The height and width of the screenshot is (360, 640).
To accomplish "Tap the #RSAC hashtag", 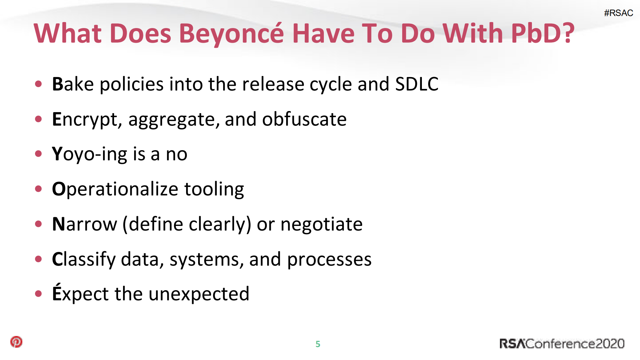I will (x=618, y=13).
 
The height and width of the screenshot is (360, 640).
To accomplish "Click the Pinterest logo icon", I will (x=16, y=342).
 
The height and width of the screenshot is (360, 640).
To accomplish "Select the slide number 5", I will (x=318, y=344).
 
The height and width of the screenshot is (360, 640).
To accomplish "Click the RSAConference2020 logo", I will (x=562, y=344).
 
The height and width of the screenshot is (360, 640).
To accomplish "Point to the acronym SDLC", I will (x=417, y=84).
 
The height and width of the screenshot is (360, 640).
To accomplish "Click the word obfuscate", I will (x=304, y=119).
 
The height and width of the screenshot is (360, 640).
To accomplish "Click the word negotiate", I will (x=322, y=224).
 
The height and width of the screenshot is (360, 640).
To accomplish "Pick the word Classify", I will (x=84, y=259).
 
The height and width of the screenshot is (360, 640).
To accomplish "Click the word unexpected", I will (x=199, y=294).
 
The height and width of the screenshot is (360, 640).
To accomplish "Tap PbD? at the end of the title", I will (x=543, y=33).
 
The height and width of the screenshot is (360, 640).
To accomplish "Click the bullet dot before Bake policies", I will (x=39, y=84).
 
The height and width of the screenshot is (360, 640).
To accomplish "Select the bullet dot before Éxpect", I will (x=39, y=294).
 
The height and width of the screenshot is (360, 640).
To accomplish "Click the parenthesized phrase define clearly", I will (x=187, y=224).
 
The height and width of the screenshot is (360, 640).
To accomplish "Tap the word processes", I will (x=329, y=259).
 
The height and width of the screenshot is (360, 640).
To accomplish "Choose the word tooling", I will (x=214, y=189).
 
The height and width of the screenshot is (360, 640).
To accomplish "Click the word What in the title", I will (x=68, y=33).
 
